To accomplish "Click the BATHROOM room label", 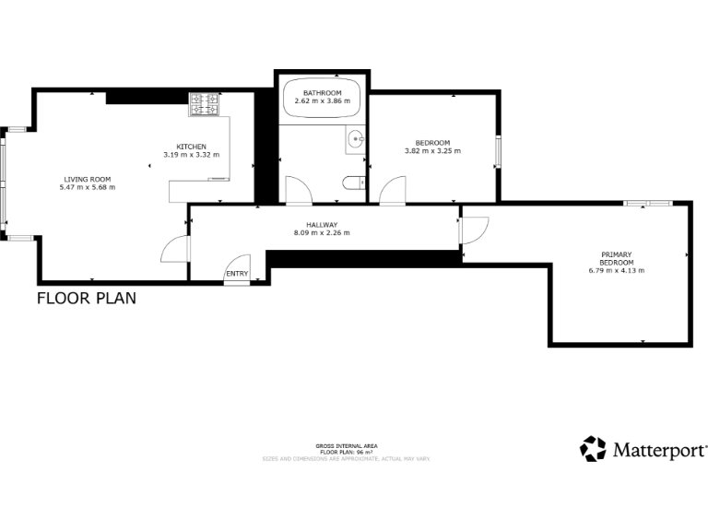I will coord(323,93).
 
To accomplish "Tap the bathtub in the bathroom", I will coord(323,99).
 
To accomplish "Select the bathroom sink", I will coord(356,140).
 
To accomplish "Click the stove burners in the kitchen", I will coord(205,105).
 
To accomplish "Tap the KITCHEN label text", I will coord(191,147).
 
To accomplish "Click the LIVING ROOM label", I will coord(87,179).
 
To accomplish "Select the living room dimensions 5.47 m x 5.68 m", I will coord(87,187).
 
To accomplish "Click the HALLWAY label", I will coord(322,225).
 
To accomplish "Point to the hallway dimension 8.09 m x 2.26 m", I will coord(322,233).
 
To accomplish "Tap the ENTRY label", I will coord(237,274).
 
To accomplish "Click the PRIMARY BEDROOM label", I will coord(616,258).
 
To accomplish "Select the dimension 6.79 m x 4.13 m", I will coord(616,270).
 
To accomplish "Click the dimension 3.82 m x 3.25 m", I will coord(431,150).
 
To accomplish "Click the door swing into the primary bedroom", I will coord(475,230).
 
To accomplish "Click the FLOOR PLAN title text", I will coord(87,298).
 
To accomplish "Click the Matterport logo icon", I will coord(593,449).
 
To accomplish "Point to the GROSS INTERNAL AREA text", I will coord(346,446).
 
